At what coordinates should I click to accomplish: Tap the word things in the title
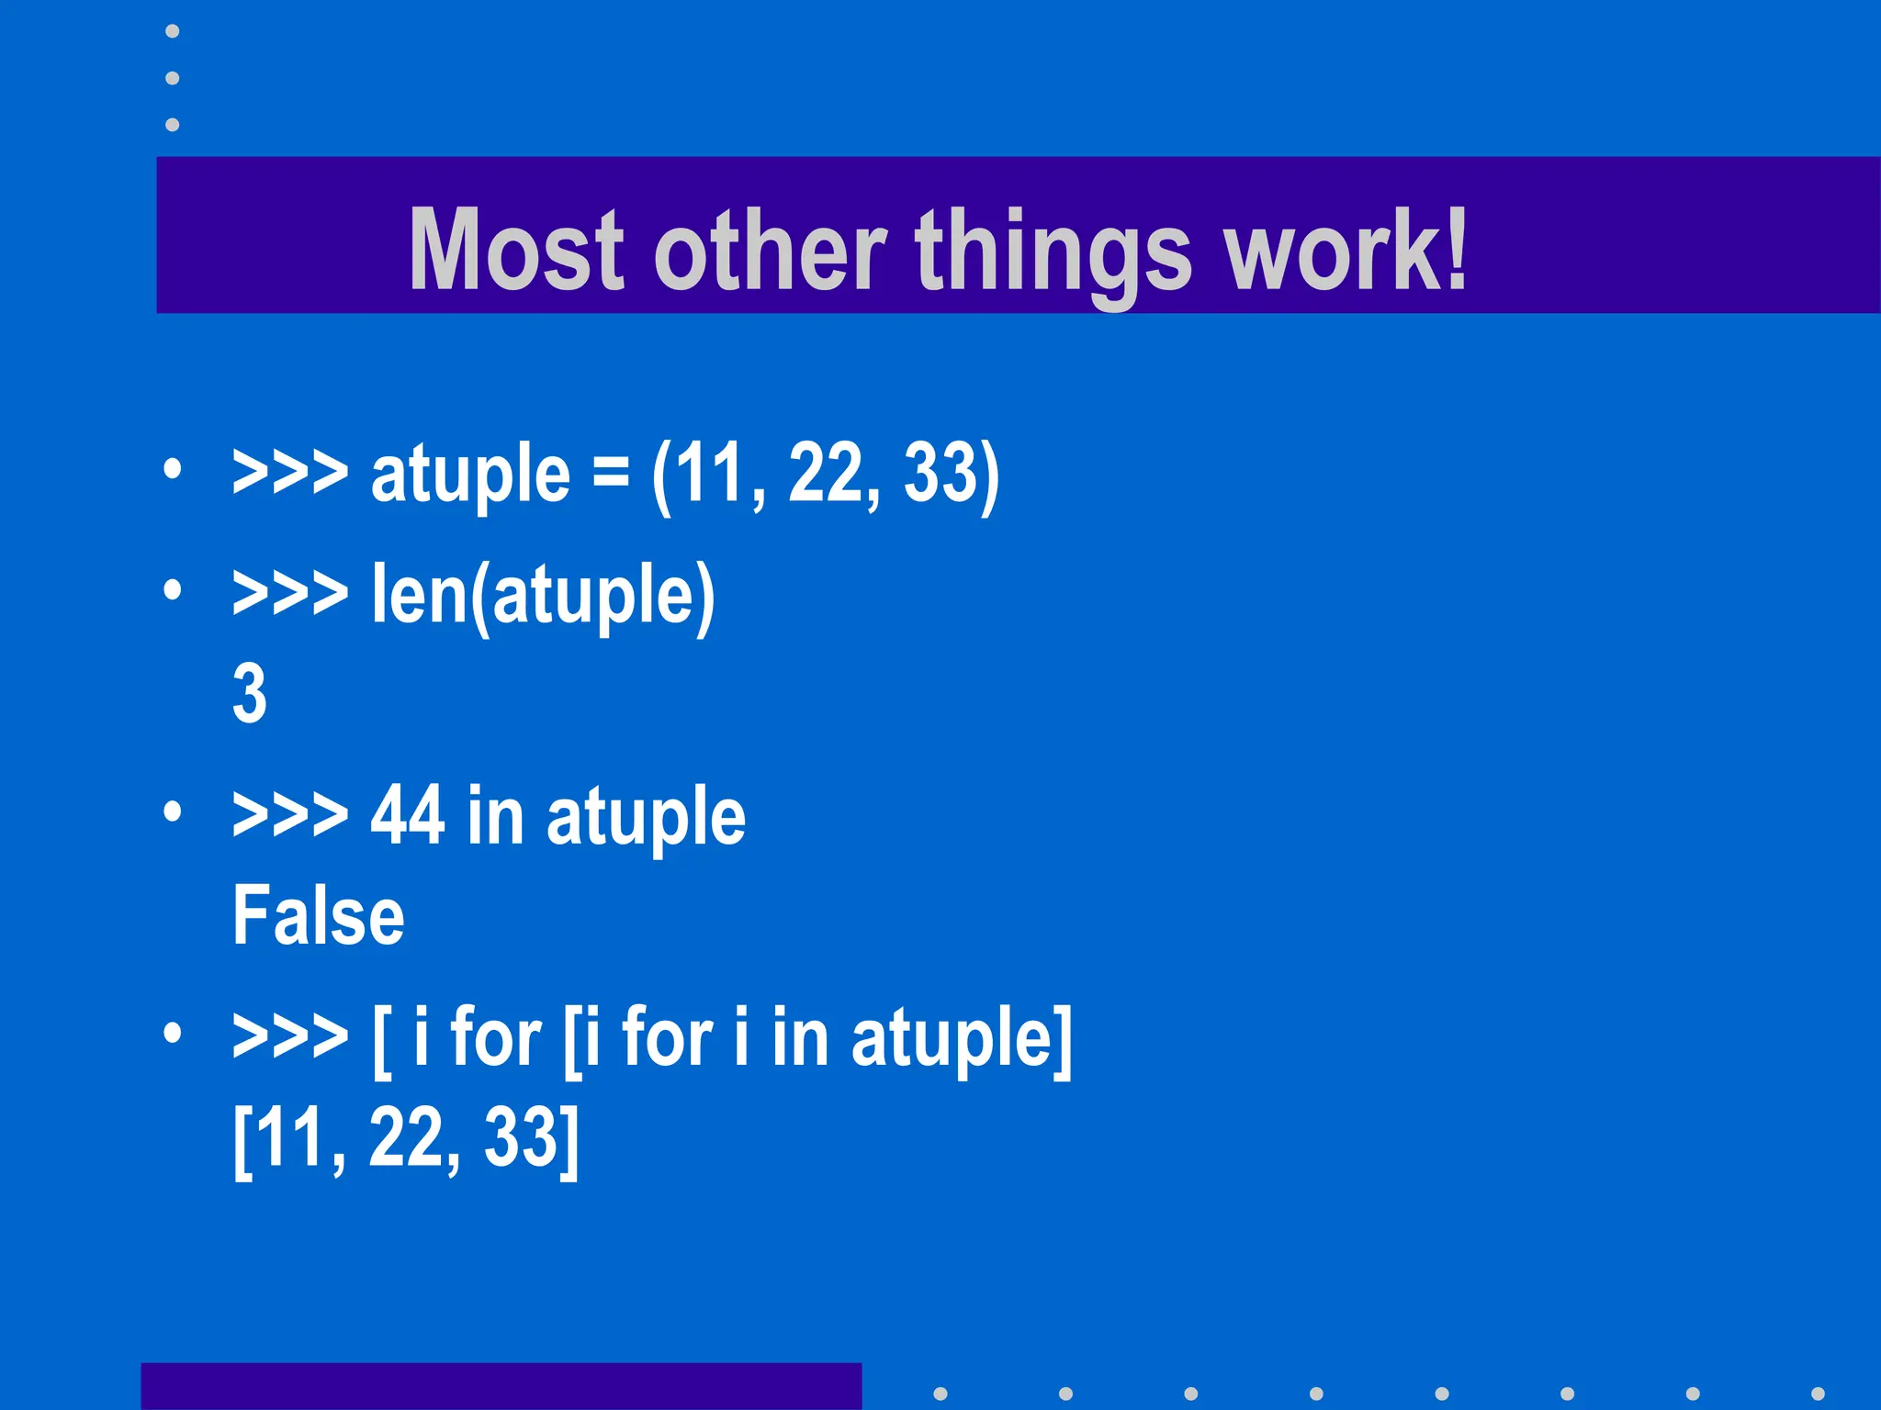coord(1053,252)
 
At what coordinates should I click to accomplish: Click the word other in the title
coord(770,250)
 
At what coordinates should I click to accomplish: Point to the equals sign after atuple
coord(611,474)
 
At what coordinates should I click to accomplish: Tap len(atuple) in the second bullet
coord(543,597)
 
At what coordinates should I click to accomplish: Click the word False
coord(318,915)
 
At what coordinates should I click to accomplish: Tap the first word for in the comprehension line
coord(495,1037)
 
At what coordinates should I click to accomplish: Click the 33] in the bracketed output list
coord(532,1139)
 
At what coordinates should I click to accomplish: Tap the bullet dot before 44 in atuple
coord(172,811)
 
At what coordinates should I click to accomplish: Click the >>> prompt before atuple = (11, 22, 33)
coord(290,474)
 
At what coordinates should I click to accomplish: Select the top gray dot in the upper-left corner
coord(172,31)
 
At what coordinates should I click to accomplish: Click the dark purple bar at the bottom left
coord(501,1386)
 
